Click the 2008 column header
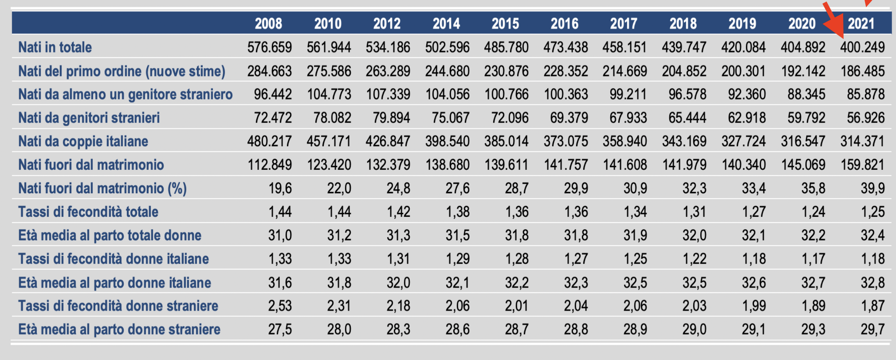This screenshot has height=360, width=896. click(x=269, y=23)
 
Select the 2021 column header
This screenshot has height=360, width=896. click(x=861, y=23)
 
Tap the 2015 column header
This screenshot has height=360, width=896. click(x=505, y=23)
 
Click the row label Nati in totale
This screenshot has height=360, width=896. click(x=55, y=47)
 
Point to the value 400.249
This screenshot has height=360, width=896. click(x=862, y=47)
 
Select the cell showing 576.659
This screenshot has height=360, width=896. click(x=269, y=47)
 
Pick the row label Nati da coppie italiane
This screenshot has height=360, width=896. click(x=83, y=141)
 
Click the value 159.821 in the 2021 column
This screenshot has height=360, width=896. click(x=862, y=165)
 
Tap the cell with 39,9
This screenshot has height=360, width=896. click(x=873, y=188)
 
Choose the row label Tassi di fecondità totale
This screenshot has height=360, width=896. click(x=88, y=212)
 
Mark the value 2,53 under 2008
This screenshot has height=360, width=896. click(x=280, y=306)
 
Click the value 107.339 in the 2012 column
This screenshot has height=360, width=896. click(x=388, y=94)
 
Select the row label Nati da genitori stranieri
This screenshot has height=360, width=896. click(x=89, y=118)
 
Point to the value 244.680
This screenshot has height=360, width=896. click(x=447, y=71)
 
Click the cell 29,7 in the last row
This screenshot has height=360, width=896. click(x=873, y=329)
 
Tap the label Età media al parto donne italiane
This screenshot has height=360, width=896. click(x=115, y=283)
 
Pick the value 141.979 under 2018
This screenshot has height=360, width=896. click(x=684, y=165)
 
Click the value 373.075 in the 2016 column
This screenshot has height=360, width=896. click(x=566, y=141)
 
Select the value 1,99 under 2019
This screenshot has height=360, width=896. click(x=754, y=306)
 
